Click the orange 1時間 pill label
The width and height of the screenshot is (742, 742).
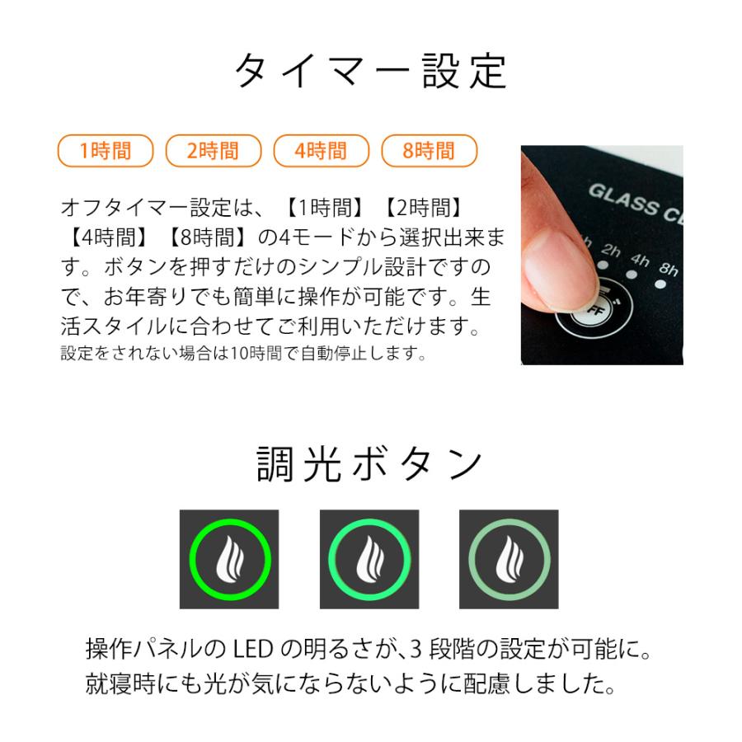coord(106,150)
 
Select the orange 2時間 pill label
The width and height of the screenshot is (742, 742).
coord(213,150)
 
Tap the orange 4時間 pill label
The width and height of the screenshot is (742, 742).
coord(321,150)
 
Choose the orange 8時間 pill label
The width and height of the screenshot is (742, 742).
coord(429,150)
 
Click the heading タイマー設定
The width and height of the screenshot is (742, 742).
coord(370,72)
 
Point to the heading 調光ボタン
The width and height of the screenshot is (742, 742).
coord(370,464)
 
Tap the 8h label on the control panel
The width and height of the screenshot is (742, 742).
coord(669,270)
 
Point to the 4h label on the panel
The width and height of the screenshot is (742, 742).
coord(640,259)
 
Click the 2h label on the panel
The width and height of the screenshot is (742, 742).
coord(611,250)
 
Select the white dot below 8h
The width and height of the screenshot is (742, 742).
coord(660,287)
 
